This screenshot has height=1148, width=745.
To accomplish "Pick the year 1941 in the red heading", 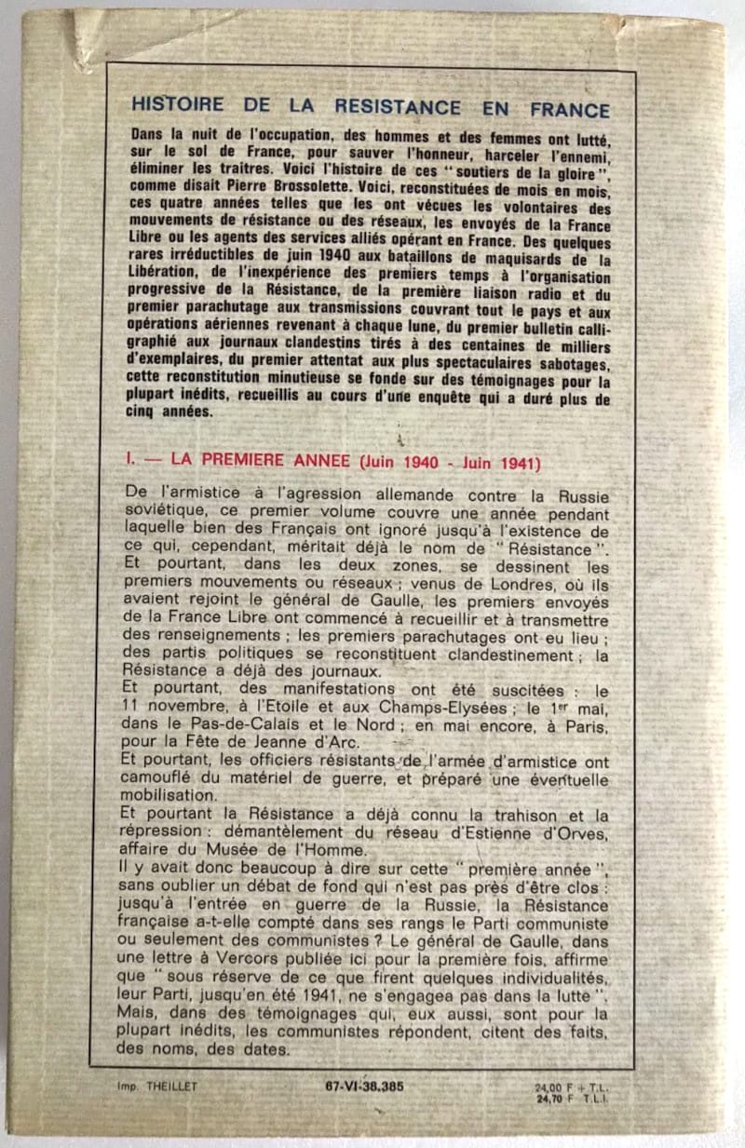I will pyautogui.click(x=526, y=462).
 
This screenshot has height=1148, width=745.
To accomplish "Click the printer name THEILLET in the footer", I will pyautogui.click(x=193, y=1086).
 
